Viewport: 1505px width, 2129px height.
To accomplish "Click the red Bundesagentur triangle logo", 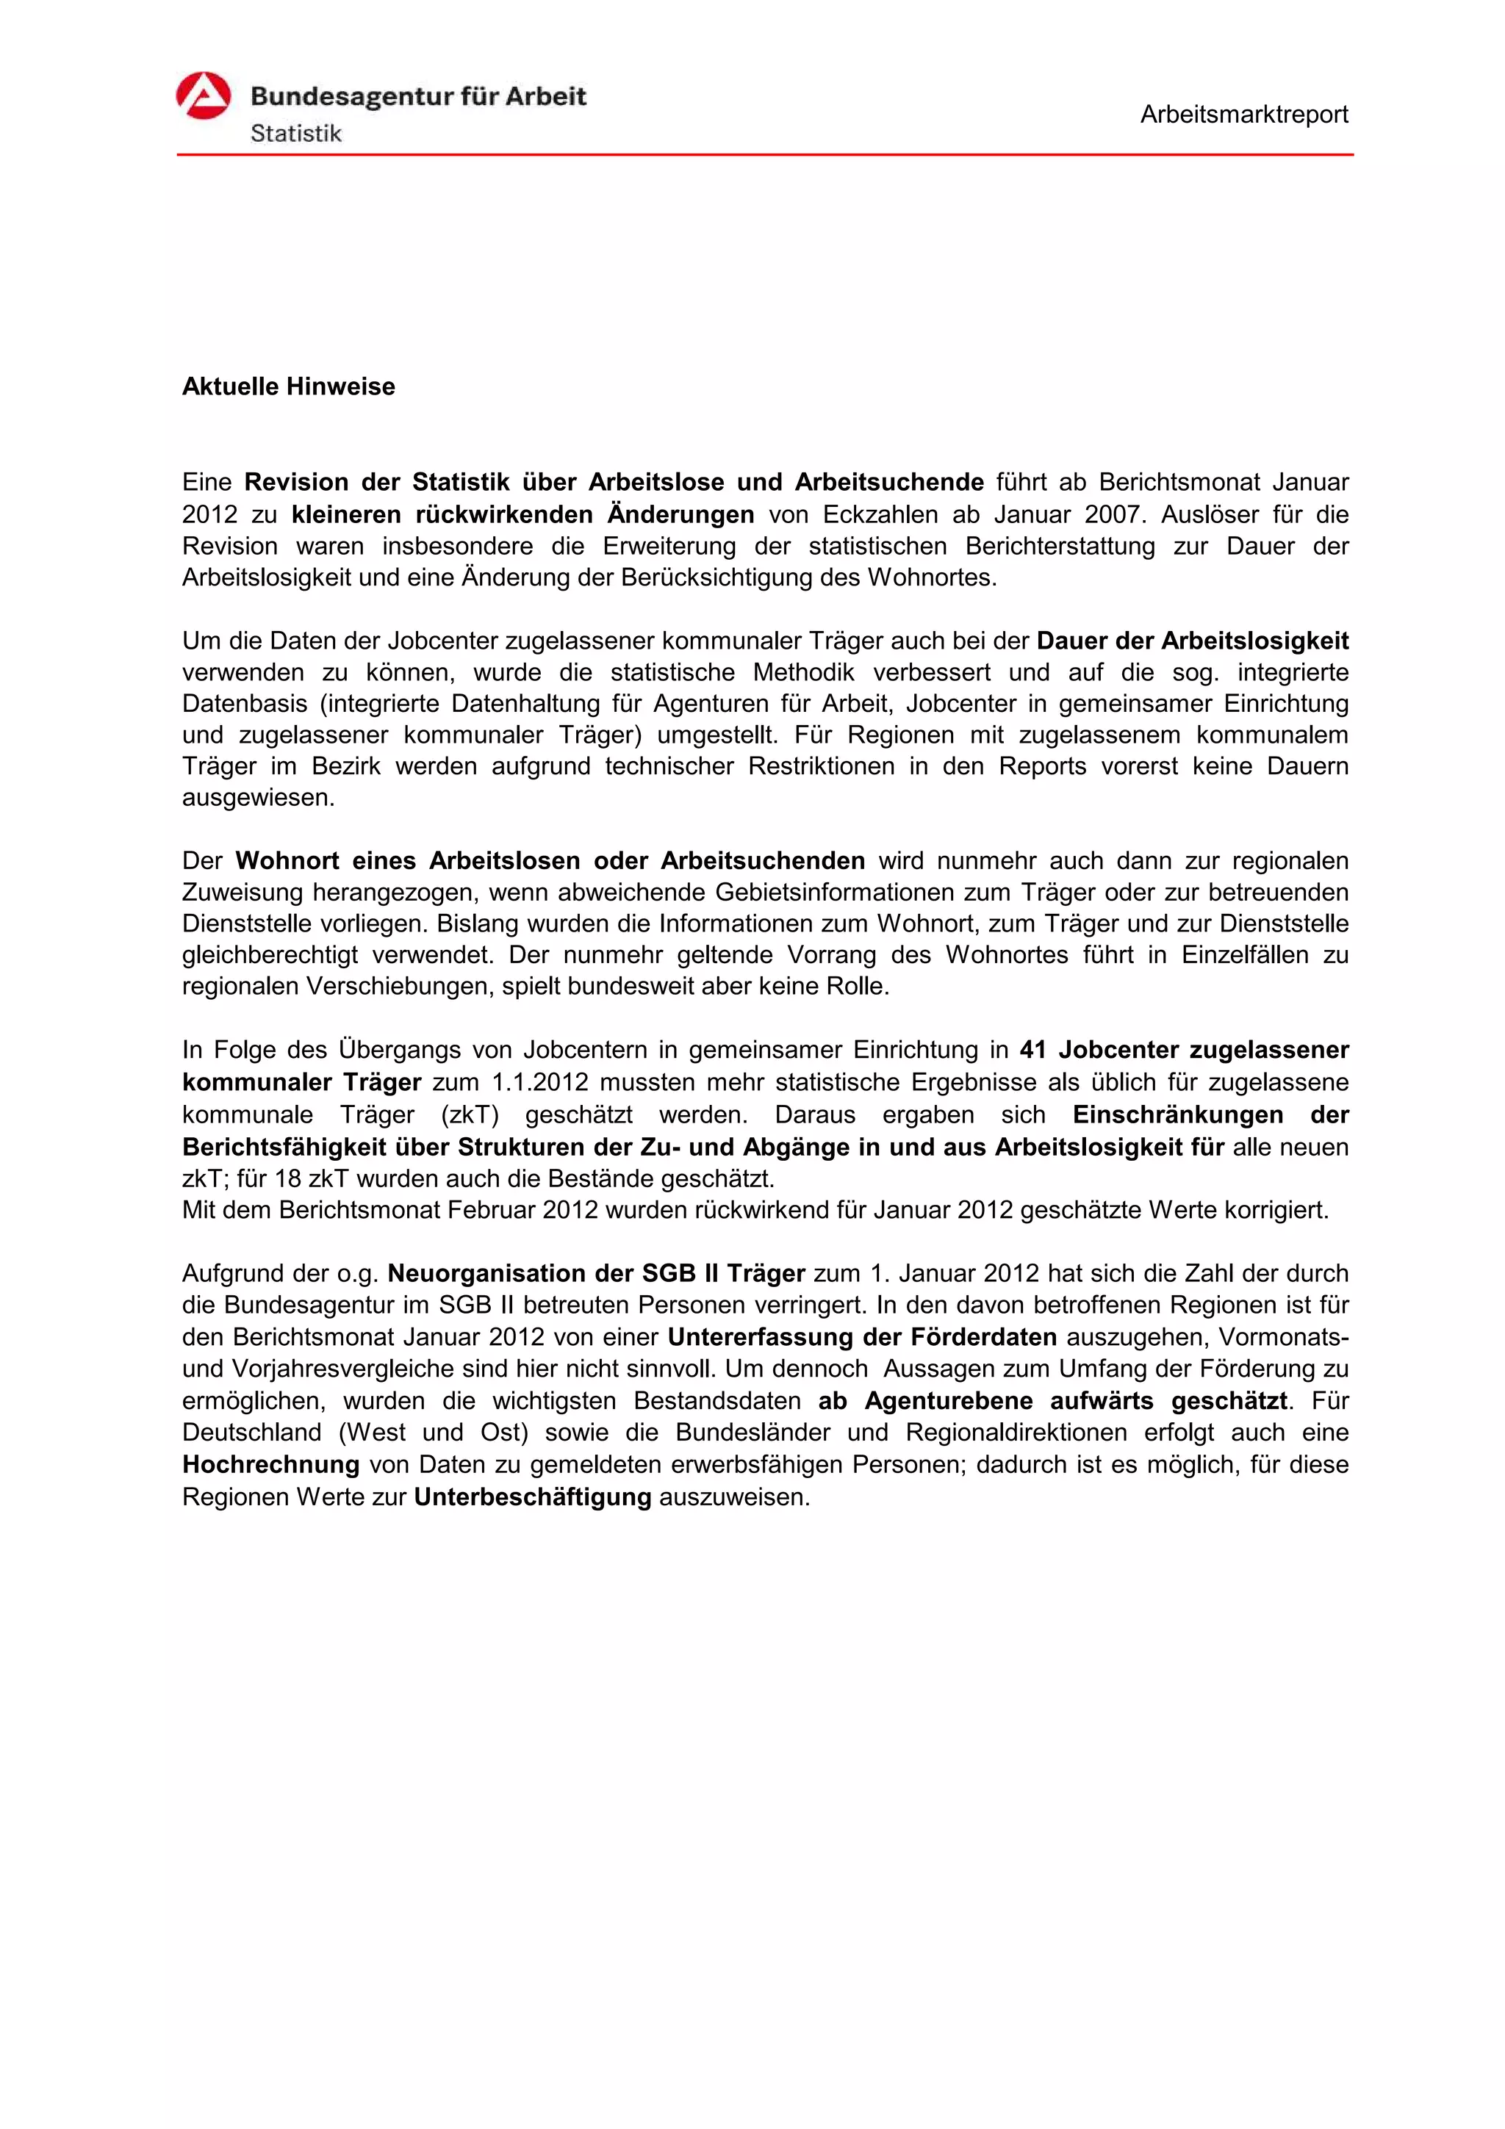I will [x=203, y=96].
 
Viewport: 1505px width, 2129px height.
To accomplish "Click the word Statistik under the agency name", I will [x=296, y=134].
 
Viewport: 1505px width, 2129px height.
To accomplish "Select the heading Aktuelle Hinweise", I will [x=288, y=386].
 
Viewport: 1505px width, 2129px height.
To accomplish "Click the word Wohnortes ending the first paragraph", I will [x=931, y=577].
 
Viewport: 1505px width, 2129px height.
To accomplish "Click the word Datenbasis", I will [x=244, y=704].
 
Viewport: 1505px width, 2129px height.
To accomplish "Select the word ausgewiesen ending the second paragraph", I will [x=257, y=797].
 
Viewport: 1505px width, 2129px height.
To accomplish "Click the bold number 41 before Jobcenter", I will [x=1032, y=1050].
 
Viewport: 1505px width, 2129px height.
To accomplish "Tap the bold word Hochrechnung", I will [x=270, y=1464].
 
